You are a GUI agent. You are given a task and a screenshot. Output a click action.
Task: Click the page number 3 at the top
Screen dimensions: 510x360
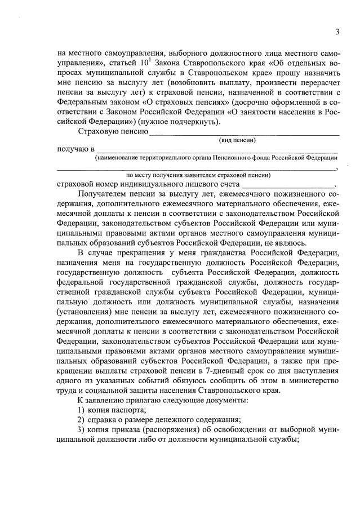point(337,32)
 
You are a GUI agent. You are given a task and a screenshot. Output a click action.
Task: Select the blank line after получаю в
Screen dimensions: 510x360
point(217,150)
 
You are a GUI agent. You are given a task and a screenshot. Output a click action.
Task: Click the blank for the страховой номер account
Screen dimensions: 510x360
point(287,184)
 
